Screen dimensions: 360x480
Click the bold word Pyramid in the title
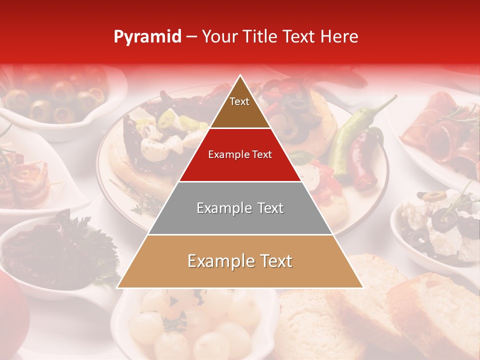point(147,37)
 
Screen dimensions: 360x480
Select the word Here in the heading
point(339,37)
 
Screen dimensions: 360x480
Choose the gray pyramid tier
point(240,208)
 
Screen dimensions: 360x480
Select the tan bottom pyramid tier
point(240,261)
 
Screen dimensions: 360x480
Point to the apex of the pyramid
point(240,76)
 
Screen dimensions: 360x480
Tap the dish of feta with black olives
point(440,225)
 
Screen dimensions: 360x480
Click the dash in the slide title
point(191,37)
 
